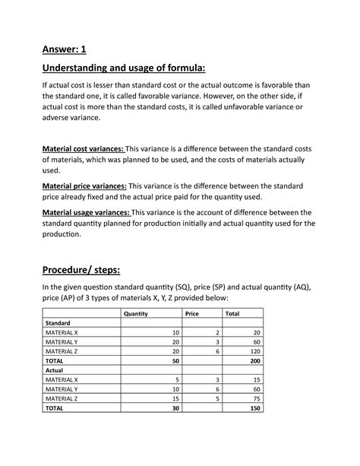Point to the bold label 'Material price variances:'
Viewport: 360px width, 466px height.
[84, 185]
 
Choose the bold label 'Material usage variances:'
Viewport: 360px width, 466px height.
[86, 212]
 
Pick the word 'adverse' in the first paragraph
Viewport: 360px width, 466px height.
[59, 131]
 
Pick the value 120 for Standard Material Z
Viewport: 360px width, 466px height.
[252, 351]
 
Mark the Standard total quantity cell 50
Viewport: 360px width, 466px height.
[175, 360]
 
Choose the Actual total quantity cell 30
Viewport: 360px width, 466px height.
[175, 407]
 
